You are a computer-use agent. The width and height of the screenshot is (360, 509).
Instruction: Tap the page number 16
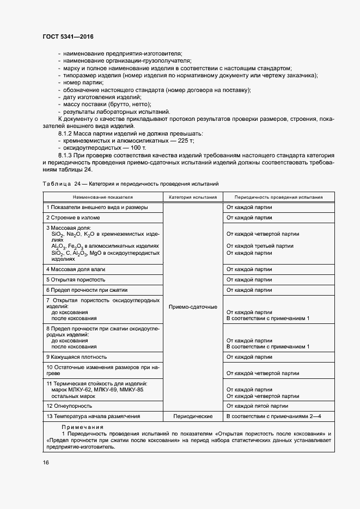click(x=46, y=462)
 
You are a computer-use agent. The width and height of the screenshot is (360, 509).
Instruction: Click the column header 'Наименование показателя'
click(x=103, y=197)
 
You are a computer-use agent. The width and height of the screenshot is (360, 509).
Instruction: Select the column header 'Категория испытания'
click(x=193, y=197)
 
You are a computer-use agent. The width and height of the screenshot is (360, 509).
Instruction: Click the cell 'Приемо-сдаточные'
click(x=193, y=307)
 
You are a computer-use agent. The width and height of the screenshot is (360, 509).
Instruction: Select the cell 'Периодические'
click(x=193, y=416)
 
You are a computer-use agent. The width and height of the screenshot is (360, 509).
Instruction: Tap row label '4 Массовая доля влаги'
click(x=76, y=269)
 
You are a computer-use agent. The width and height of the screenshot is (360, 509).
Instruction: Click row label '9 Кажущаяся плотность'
click(x=76, y=357)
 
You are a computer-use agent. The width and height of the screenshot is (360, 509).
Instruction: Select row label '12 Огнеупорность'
click(x=69, y=406)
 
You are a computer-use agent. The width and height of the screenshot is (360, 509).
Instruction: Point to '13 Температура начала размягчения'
click(x=93, y=416)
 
